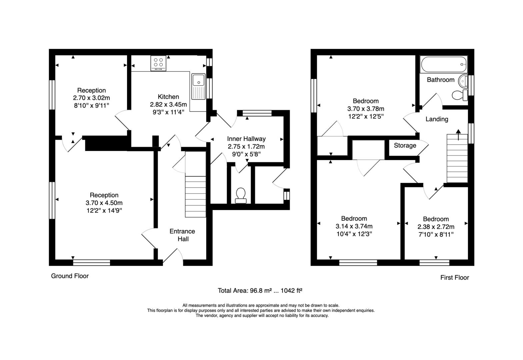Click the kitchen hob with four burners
coord(158,63)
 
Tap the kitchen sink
coord(198,86)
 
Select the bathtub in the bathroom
coord(443,64)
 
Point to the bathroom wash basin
coord(463,81)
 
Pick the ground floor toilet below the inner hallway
coord(241,196)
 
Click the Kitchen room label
coord(168,97)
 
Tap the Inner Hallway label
coord(246,139)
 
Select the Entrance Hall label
coord(182,235)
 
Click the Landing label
coord(437,119)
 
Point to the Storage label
coord(405,145)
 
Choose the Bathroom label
coord(441,80)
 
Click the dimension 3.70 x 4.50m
coord(104,203)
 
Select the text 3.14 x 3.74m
coord(354,226)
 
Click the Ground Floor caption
coord(70,276)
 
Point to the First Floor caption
coord(455,278)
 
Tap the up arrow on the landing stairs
coord(458,135)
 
